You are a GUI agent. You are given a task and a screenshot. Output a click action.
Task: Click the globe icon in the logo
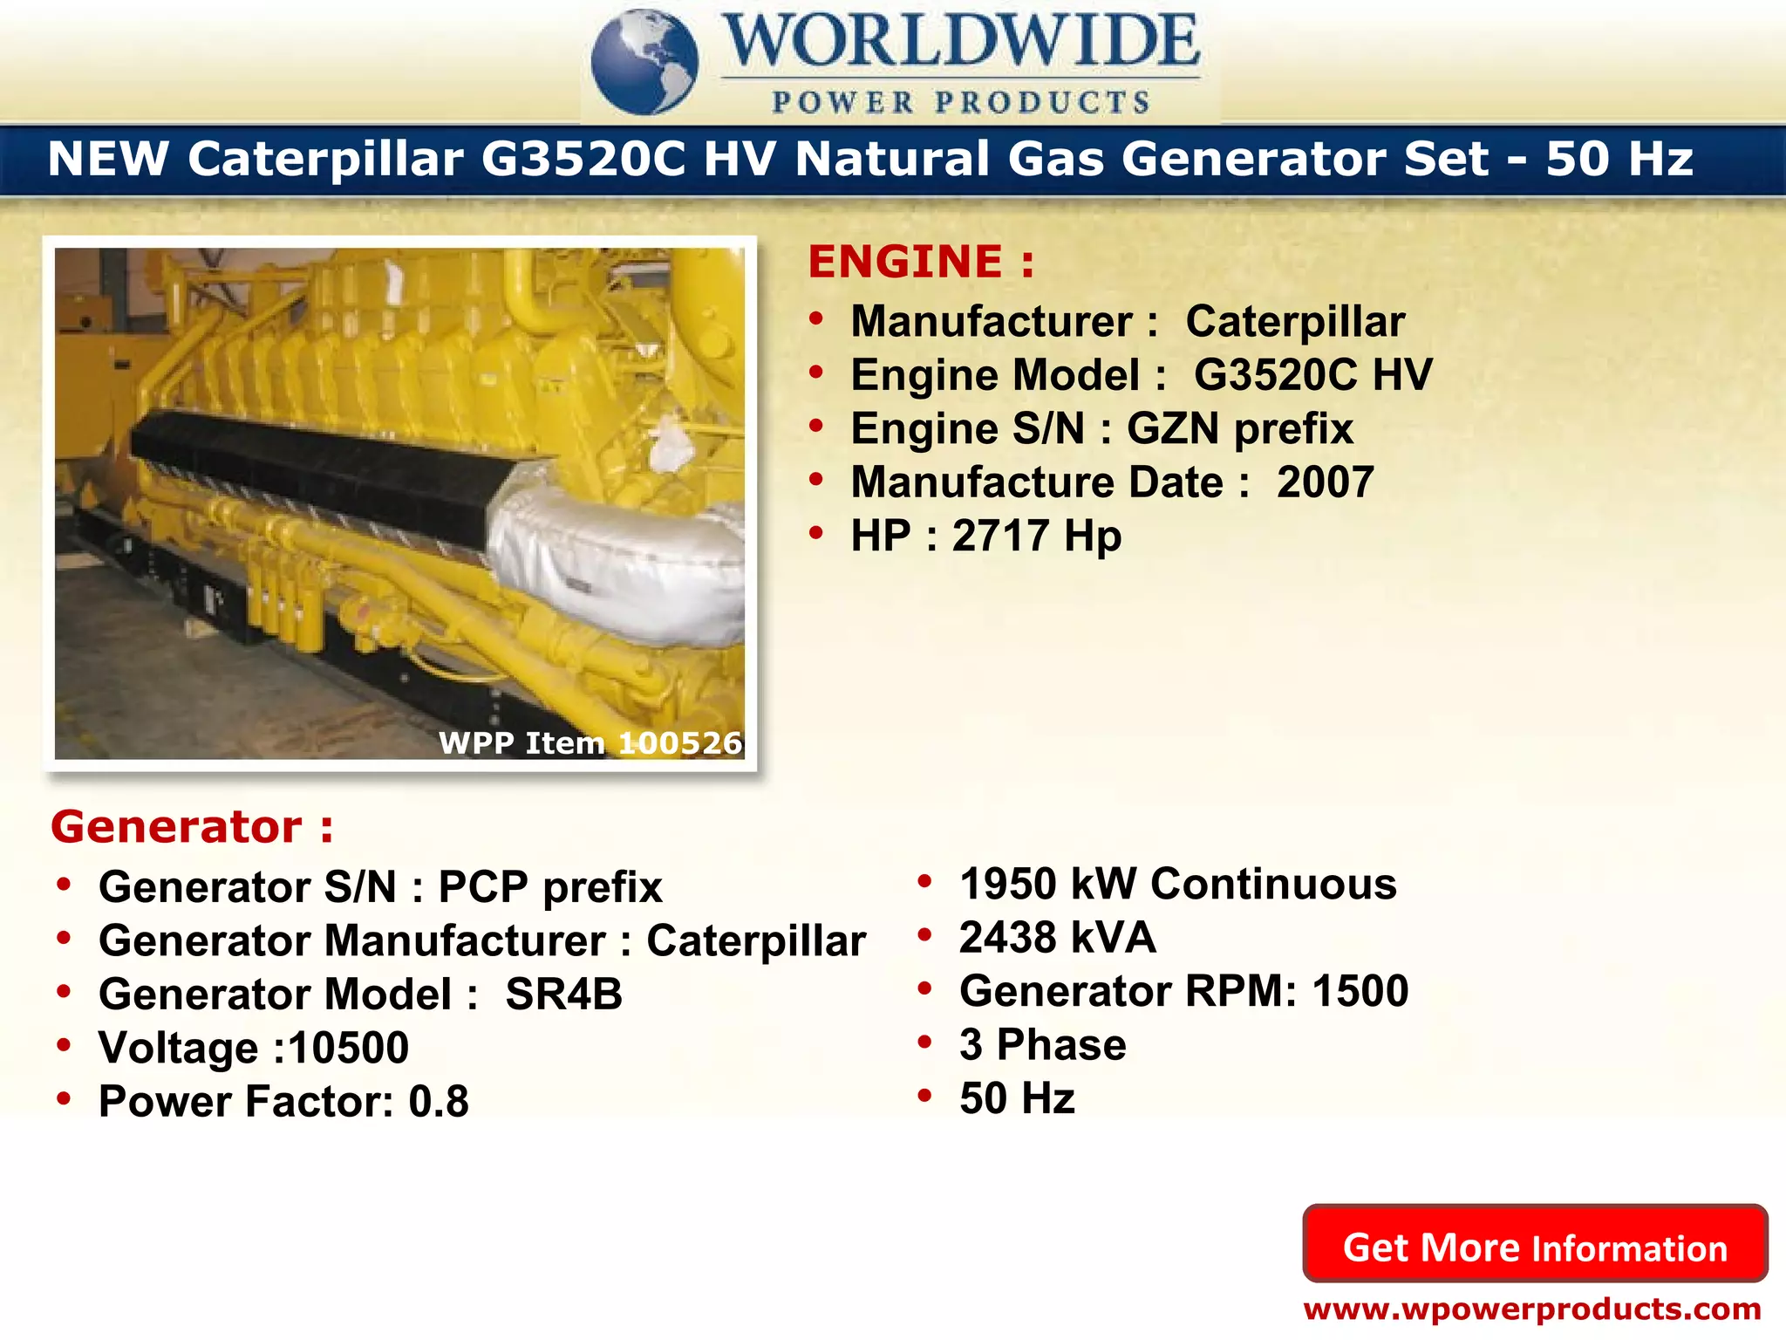(x=644, y=62)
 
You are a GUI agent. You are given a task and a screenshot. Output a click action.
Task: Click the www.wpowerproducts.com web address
(x=1532, y=1309)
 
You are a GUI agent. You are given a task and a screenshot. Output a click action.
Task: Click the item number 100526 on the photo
(x=680, y=742)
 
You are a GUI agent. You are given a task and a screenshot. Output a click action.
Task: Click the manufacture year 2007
(x=1326, y=482)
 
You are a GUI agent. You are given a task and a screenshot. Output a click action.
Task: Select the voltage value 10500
(x=349, y=1048)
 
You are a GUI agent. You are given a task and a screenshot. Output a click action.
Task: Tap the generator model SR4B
(x=564, y=995)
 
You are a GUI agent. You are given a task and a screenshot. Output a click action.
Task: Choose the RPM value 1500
(x=1360, y=991)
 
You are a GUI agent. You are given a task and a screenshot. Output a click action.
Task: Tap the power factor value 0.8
(x=439, y=1102)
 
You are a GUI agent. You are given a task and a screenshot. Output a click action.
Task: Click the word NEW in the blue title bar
(x=108, y=159)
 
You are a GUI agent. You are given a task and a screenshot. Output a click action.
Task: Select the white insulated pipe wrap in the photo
(x=610, y=558)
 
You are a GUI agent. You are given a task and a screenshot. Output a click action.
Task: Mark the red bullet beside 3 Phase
(x=925, y=1042)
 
